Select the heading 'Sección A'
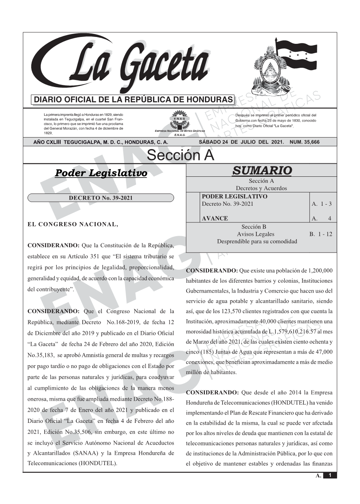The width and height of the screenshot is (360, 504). click(180, 155)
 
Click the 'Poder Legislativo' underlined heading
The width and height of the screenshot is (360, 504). click(101, 173)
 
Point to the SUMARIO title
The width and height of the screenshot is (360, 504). click(262, 170)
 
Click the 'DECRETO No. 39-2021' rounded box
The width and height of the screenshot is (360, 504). click(101, 198)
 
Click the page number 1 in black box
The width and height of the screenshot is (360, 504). click(330, 475)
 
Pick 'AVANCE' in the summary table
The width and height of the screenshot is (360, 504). click(215, 218)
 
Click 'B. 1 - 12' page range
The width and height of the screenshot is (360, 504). click(321, 234)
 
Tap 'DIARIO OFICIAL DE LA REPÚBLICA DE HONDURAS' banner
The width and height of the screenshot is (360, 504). click(133, 100)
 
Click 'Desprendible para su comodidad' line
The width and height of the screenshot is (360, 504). click(257, 242)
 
